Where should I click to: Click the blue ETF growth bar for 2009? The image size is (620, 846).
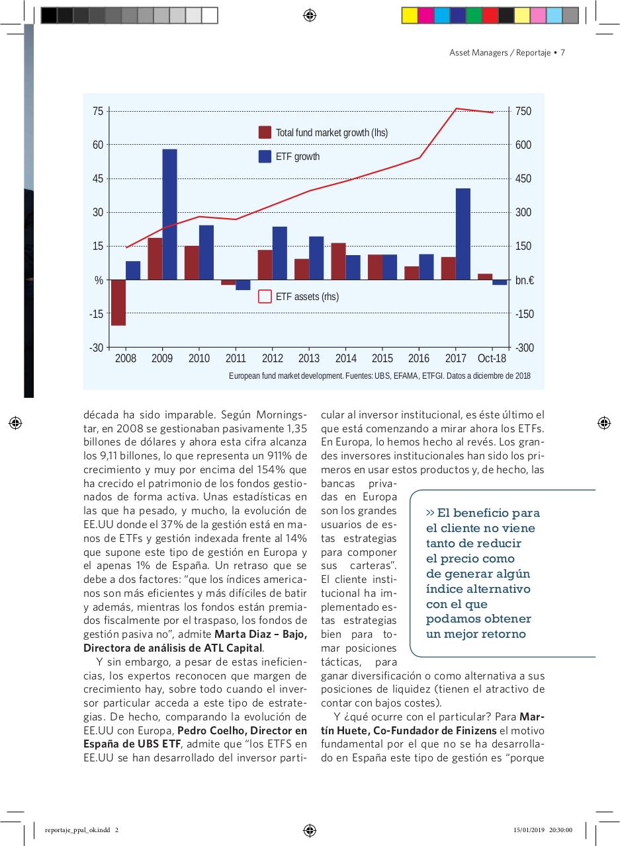pyautogui.click(x=169, y=214)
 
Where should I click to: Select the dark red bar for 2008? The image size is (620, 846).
pyautogui.click(x=118, y=302)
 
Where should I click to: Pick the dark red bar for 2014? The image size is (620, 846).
pyautogui.click(x=338, y=261)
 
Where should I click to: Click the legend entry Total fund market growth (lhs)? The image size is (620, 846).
pyautogui.click(x=323, y=132)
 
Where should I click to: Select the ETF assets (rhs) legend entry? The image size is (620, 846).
pyautogui.click(x=298, y=297)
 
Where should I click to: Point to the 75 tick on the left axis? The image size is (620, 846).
pyautogui.click(x=97, y=111)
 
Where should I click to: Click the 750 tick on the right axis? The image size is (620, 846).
pyautogui.click(x=523, y=111)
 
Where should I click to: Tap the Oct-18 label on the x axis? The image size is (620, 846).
pyautogui.click(x=492, y=358)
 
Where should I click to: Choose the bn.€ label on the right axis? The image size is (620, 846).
pyautogui.click(x=525, y=280)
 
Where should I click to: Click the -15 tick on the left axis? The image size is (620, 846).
pyautogui.click(x=97, y=314)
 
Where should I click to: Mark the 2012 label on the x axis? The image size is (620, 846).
pyautogui.click(x=273, y=358)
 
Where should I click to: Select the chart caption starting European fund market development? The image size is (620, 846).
pyautogui.click(x=379, y=376)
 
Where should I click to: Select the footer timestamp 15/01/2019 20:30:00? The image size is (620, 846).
pyautogui.click(x=542, y=831)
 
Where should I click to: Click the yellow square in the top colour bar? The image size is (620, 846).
pyautogui.click(x=410, y=15)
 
